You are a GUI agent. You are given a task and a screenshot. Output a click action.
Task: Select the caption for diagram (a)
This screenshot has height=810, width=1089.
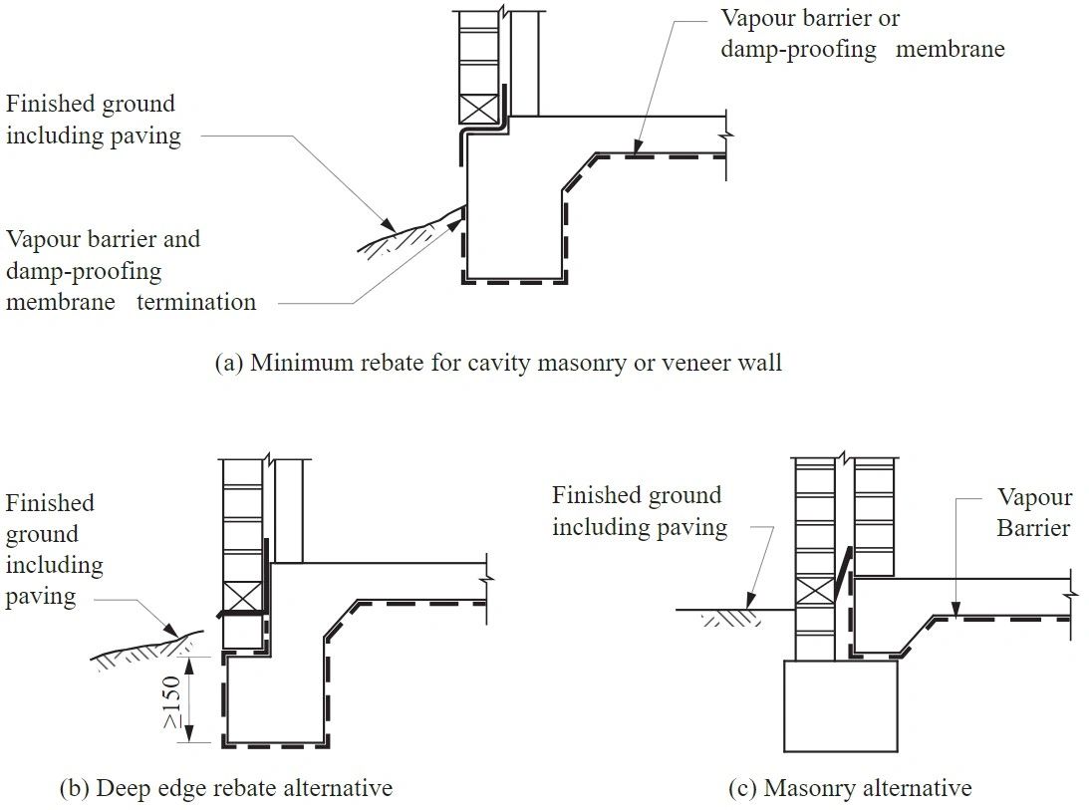click(498, 363)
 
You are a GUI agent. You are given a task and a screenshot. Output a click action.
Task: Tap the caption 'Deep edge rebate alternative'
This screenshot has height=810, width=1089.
click(226, 788)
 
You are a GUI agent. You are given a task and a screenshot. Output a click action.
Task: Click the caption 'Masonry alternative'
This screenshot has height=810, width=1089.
click(850, 788)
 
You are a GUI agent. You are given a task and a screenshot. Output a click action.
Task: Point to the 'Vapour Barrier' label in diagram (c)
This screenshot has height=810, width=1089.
click(1034, 512)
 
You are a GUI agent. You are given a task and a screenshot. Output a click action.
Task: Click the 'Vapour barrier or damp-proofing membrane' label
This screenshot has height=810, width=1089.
click(862, 34)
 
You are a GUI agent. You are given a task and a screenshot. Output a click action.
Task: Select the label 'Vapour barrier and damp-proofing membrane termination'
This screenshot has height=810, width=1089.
click(131, 270)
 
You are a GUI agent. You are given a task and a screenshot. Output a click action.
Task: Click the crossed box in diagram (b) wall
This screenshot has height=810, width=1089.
click(240, 597)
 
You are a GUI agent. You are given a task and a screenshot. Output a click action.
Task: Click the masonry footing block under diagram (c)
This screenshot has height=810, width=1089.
click(841, 705)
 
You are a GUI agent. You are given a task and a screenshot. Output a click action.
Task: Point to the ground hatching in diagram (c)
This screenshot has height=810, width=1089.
click(733, 619)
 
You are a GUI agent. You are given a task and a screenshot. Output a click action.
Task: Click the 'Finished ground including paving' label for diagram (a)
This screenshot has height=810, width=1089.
click(93, 120)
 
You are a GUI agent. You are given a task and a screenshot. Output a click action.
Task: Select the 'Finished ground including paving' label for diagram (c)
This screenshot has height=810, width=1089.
click(639, 511)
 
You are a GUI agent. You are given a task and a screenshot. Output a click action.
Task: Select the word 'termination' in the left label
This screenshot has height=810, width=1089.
click(196, 302)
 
